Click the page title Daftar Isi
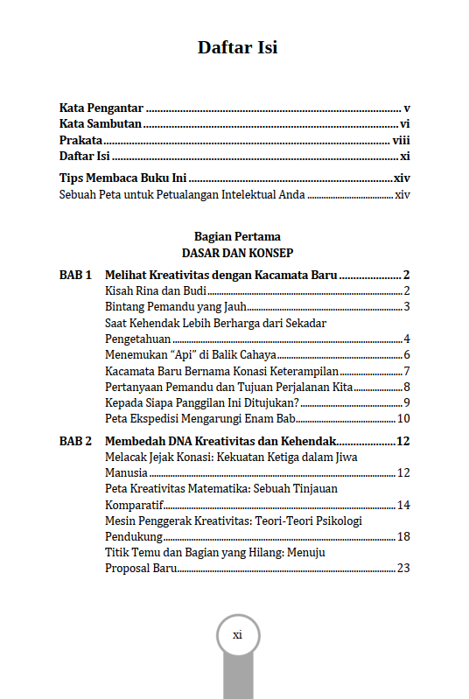pos(237,47)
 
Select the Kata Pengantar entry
pos(101,108)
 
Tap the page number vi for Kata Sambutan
pos(405,125)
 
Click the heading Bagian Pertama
pos(237,236)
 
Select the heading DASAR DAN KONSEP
pos(237,252)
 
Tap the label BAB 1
pos(75,275)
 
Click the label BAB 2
pos(75,441)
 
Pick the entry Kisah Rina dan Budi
pos(149,290)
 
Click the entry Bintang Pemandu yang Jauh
pos(175,306)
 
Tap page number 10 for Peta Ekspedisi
pos(404,418)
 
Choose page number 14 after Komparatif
pos(404,505)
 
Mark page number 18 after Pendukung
pos(404,536)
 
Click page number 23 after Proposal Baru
pos(404,568)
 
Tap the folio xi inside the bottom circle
pos(237,634)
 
